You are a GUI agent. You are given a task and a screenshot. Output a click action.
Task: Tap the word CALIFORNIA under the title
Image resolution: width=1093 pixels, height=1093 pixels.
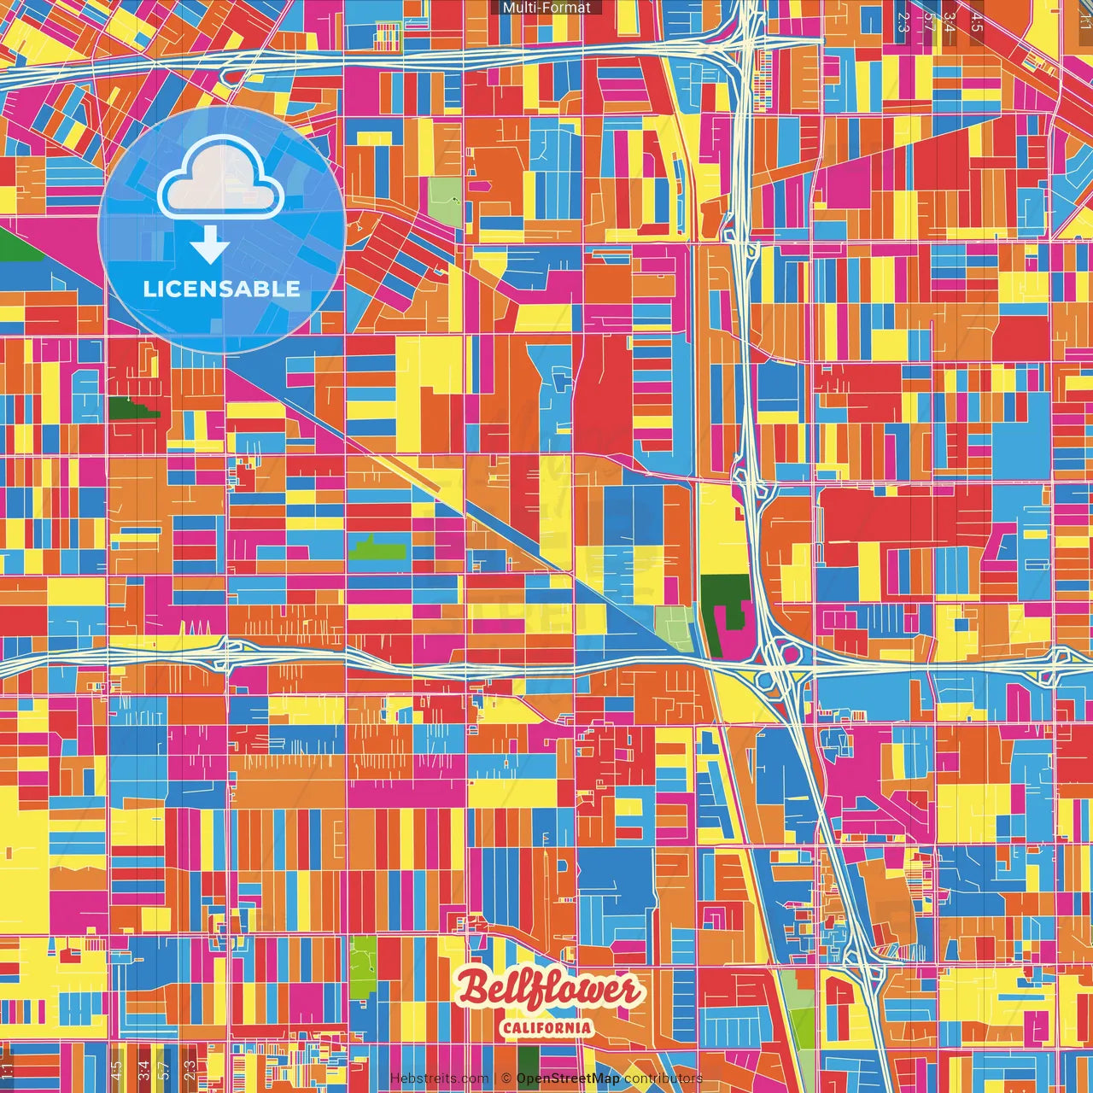(547, 1027)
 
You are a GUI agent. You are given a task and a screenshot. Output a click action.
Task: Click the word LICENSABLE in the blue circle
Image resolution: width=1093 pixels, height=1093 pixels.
(221, 289)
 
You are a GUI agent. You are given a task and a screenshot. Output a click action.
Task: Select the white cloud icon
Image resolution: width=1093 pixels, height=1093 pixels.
(220, 178)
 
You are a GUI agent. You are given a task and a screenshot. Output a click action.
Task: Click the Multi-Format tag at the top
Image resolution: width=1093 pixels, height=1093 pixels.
(546, 8)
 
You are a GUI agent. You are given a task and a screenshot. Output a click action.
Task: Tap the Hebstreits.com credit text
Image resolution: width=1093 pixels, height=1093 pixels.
(439, 1078)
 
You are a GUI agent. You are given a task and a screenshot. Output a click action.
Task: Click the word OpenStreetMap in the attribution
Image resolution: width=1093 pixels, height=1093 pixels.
(568, 1078)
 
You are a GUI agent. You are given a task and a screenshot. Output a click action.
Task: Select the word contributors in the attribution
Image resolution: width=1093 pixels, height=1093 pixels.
(663, 1078)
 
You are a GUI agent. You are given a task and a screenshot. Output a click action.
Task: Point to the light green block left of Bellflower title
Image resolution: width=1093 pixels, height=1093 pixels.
(363, 959)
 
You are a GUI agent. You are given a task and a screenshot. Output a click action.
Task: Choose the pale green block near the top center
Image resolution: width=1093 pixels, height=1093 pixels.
(444, 202)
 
